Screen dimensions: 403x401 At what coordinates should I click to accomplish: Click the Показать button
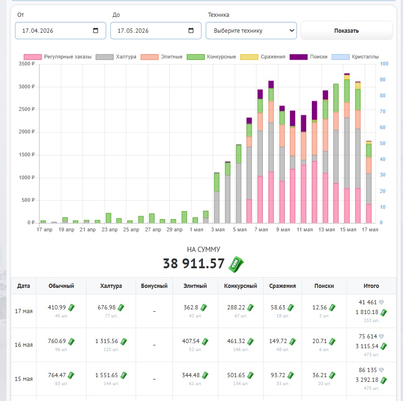(x=346, y=30)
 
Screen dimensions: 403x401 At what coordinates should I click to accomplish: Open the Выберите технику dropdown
(x=251, y=30)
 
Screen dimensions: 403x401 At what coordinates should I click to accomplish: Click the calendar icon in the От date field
(x=95, y=30)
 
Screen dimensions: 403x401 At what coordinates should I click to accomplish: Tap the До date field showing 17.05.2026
(x=156, y=30)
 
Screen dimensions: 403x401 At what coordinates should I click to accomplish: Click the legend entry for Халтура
(x=116, y=57)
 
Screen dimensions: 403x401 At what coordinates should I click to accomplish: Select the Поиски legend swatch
(x=298, y=57)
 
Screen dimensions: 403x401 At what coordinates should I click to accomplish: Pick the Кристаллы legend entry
(x=355, y=57)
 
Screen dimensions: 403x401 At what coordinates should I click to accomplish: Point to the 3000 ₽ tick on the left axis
(x=27, y=86)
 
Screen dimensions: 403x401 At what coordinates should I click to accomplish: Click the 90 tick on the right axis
(x=382, y=79)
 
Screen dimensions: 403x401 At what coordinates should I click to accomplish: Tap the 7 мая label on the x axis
(x=261, y=229)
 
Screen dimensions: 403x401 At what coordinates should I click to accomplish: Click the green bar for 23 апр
(x=108, y=218)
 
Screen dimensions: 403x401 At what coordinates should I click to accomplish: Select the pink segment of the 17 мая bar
(x=369, y=214)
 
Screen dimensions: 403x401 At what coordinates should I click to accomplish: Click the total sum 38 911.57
(x=194, y=264)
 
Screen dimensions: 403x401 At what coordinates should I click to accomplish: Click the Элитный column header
(x=195, y=286)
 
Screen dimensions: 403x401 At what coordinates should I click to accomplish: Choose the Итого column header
(x=371, y=286)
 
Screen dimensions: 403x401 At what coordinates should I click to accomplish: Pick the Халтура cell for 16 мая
(x=111, y=344)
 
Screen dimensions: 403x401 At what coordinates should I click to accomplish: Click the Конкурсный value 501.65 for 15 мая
(x=236, y=375)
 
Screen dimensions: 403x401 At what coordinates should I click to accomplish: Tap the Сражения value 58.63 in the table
(x=278, y=307)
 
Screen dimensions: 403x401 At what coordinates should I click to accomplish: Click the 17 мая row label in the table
(x=24, y=311)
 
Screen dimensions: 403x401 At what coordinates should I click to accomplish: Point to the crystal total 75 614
(x=368, y=336)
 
